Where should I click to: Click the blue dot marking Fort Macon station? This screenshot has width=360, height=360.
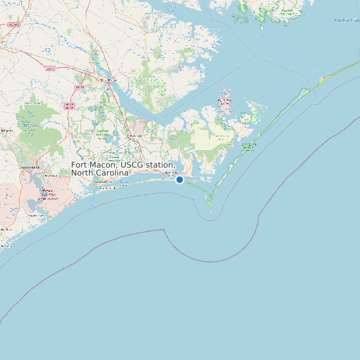click(x=179, y=179)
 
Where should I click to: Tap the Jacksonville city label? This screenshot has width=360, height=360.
click(x=30, y=167)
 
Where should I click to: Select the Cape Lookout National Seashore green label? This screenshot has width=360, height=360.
click(x=248, y=146)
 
